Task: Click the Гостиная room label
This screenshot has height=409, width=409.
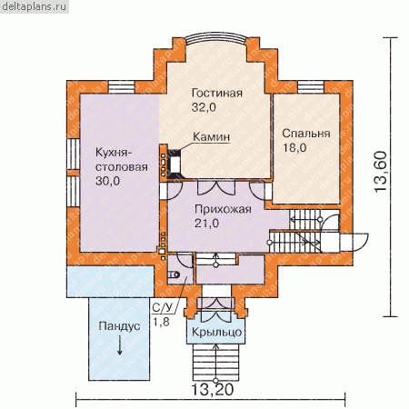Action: (217, 93)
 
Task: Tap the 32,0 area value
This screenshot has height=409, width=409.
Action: (204, 107)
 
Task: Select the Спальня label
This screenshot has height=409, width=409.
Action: (306, 134)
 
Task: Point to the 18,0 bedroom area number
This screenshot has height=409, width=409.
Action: (294, 147)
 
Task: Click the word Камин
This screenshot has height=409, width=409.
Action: (211, 137)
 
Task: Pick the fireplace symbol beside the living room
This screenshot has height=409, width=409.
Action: (174, 164)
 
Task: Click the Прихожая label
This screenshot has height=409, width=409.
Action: (223, 209)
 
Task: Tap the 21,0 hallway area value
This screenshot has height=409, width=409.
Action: (206, 224)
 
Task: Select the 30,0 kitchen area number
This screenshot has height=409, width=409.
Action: (108, 181)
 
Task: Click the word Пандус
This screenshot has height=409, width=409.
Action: (119, 326)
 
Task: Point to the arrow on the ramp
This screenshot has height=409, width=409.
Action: (120, 346)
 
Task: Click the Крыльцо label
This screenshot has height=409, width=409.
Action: (217, 332)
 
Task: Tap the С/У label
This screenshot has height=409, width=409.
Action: (164, 308)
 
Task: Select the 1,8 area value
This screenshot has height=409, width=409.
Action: (161, 322)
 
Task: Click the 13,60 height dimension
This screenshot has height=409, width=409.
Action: (381, 172)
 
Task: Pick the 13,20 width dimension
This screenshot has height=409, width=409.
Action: (213, 390)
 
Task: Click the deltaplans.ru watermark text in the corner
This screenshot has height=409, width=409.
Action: (34, 6)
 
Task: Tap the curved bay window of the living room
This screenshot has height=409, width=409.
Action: (216, 38)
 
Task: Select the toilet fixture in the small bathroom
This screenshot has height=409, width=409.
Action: (174, 274)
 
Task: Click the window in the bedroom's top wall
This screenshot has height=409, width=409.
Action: (311, 87)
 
